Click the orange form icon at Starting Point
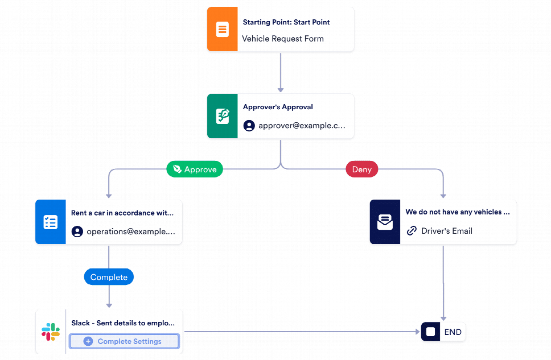click(x=222, y=29)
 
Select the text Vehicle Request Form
click(x=283, y=39)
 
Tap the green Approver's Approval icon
click(x=222, y=116)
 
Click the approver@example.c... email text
click(x=302, y=126)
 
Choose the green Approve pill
click(x=195, y=169)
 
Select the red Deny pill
click(x=362, y=169)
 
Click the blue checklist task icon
click(x=50, y=222)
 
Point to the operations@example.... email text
click(x=131, y=231)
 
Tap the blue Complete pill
click(x=109, y=277)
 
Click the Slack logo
click(x=51, y=332)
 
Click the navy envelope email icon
click(x=385, y=222)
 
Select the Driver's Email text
click(x=447, y=231)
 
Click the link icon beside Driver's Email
click(x=412, y=231)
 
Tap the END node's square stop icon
click(x=430, y=332)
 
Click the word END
click(x=453, y=332)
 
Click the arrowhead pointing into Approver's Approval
click(x=281, y=90)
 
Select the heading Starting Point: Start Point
click(x=286, y=22)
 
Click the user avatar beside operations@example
click(x=77, y=231)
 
